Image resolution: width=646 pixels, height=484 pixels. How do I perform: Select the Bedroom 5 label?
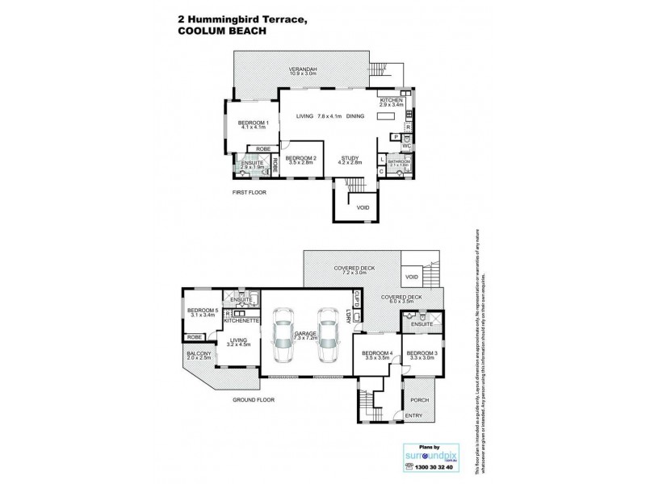pyautogui.click(x=203, y=313)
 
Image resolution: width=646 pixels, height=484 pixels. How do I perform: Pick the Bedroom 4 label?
pyautogui.click(x=378, y=354)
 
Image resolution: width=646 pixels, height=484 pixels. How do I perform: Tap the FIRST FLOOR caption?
pyautogui.click(x=250, y=193)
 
